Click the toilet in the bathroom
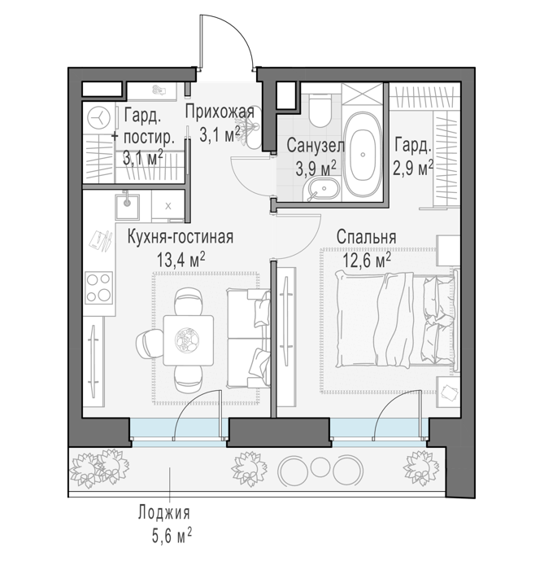(320, 110)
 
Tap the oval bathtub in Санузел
(363, 155)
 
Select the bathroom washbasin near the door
(321, 189)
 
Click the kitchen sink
(127, 207)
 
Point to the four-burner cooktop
(99, 287)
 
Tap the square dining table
(188, 340)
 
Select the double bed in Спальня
(395, 319)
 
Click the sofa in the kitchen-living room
(249, 339)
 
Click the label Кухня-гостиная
(181, 237)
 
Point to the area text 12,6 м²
(367, 261)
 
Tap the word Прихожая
(220, 112)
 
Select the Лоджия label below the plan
(164, 513)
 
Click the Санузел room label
(316, 146)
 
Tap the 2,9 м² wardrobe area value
(412, 169)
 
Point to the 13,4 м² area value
(181, 260)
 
